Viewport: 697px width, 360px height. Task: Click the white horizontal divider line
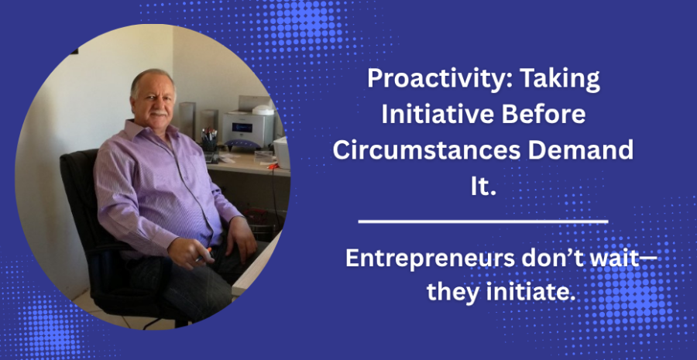482,221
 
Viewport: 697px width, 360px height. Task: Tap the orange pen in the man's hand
204,255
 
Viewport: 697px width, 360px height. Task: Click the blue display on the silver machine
242,128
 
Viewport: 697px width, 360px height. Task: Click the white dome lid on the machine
263,110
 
